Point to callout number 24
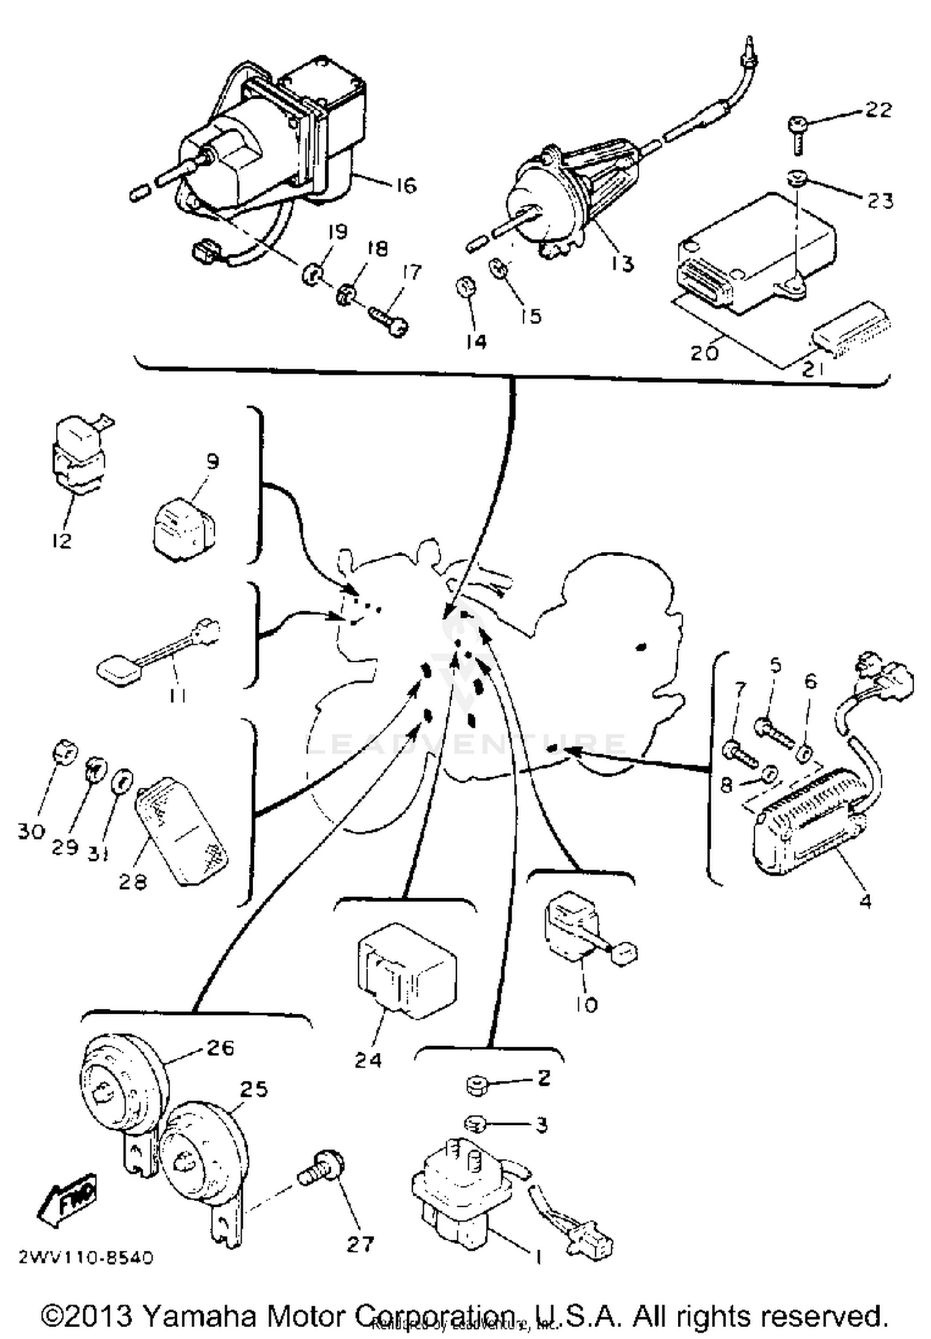(367, 1060)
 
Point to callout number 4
(865, 899)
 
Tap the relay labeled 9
(183, 529)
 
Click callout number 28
(132, 881)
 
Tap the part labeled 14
(465, 289)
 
